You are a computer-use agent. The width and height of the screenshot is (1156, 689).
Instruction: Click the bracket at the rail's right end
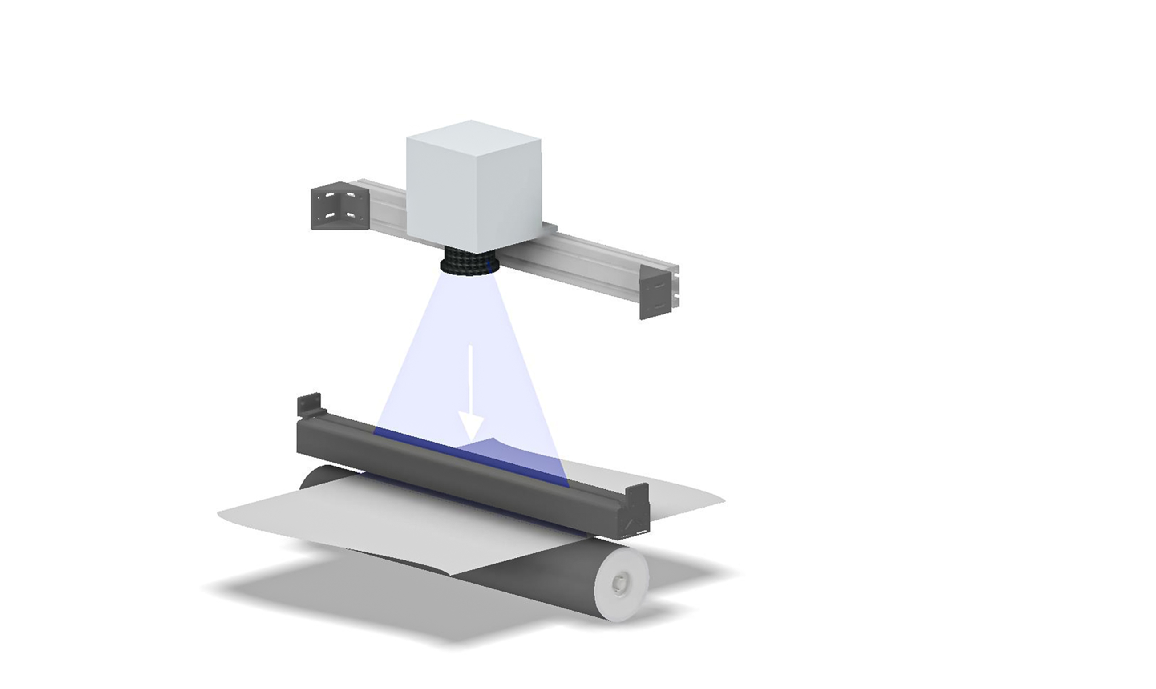tap(656, 293)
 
